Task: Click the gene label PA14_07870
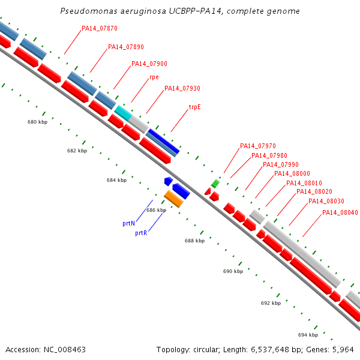pyautogui.click(x=100, y=28)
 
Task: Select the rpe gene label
pyautogui.click(x=154, y=77)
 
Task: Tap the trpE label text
pyautogui.click(x=194, y=107)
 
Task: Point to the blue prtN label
pyautogui.click(x=128, y=223)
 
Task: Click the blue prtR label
pyautogui.click(x=141, y=233)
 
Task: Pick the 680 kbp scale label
pyautogui.click(x=37, y=122)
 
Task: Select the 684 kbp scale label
pyautogui.click(x=116, y=180)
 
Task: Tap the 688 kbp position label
pyautogui.click(x=194, y=241)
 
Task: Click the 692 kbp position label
pyautogui.click(x=271, y=303)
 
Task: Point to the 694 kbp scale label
pyautogui.click(x=308, y=335)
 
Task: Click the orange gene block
pyautogui.click(x=173, y=199)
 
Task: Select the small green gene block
pyautogui.click(x=215, y=184)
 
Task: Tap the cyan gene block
pyautogui.click(x=123, y=113)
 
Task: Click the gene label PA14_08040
pyautogui.click(x=340, y=212)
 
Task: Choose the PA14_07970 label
pyautogui.click(x=258, y=146)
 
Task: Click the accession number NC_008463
pyautogui.click(x=65, y=350)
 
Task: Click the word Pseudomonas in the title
pyautogui.click(x=89, y=11)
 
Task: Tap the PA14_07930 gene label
pyautogui.click(x=182, y=88)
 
